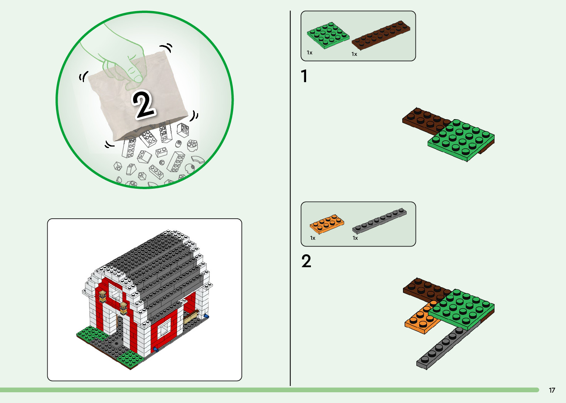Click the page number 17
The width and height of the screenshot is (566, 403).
point(552,390)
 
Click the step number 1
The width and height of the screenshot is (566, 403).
point(304,76)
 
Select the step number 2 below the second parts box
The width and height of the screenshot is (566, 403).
point(306,261)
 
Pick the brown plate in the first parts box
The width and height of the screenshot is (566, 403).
point(381,35)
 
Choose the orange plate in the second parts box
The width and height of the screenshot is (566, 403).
point(327,223)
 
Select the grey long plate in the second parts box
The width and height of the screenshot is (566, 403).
point(380,221)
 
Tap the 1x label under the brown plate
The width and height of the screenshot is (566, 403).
point(354,54)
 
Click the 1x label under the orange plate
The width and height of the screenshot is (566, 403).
point(313,238)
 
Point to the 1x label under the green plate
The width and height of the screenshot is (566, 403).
point(309,53)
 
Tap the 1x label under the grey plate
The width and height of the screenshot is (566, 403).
point(355,238)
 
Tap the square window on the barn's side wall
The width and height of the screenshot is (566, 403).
point(163,326)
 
